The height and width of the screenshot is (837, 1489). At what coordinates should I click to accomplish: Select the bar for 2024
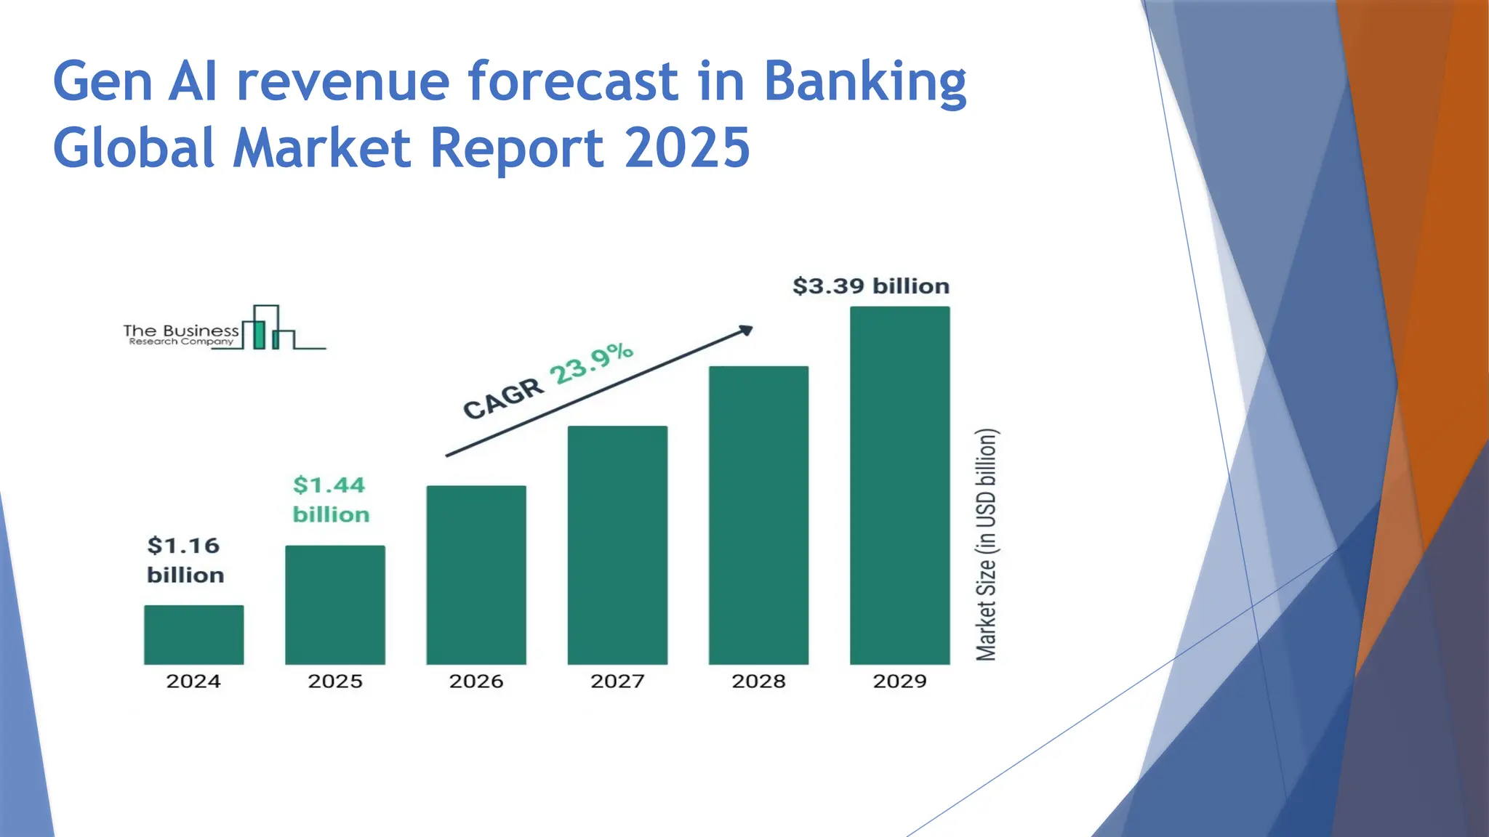[x=193, y=634]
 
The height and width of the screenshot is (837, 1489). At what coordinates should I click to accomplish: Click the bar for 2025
[x=335, y=604]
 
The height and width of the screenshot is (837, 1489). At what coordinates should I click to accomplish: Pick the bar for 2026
[x=476, y=575]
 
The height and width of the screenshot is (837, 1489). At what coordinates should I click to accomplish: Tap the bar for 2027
[x=617, y=545]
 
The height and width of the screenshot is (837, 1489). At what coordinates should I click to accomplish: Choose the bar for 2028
[x=758, y=515]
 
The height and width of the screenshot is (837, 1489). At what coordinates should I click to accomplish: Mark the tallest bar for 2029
[x=899, y=485]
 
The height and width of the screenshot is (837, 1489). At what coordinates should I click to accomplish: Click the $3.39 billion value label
[x=870, y=286]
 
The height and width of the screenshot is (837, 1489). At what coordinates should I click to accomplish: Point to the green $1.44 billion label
[x=331, y=500]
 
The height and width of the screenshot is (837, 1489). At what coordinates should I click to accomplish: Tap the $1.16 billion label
[x=185, y=560]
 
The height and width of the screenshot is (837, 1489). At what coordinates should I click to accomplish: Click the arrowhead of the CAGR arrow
[x=746, y=331]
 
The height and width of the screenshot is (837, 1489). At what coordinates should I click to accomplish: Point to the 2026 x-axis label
[x=476, y=682]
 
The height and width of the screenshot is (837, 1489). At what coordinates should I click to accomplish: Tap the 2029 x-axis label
[x=899, y=682]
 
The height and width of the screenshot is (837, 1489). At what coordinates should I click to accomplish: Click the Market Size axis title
[x=987, y=545]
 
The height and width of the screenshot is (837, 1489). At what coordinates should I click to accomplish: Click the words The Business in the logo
[x=180, y=331]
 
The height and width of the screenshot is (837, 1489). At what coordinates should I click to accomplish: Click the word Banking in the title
[x=864, y=81]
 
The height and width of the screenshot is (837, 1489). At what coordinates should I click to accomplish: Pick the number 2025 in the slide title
[x=687, y=147]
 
